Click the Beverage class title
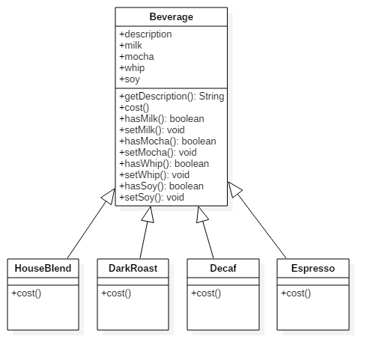[x=172, y=17]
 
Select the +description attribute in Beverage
[x=145, y=34]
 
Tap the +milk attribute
[x=130, y=46]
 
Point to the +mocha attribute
[x=136, y=57]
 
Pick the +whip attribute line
[x=132, y=68]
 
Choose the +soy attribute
[x=130, y=79]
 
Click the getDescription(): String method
[x=172, y=97]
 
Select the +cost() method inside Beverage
[x=134, y=108]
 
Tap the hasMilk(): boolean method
[x=162, y=119]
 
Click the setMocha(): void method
[x=158, y=153]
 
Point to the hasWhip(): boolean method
[x=164, y=164]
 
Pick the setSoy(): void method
[x=151, y=198]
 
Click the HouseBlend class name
[x=43, y=269]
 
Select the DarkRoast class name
[x=133, y=269]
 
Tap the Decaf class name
[x=223, y=269]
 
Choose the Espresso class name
[x=313, y=269]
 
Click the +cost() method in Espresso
[x=296, y=293]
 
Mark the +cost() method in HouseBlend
[x=26, y=293]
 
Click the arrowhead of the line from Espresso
[x=234, y=189]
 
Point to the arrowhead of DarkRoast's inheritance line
[x=148, y=215]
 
